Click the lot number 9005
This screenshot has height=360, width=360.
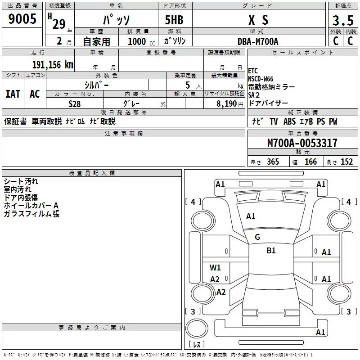tap(22, 20)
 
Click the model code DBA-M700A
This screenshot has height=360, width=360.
tap(258, 41)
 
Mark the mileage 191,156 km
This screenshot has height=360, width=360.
tap(53, 64)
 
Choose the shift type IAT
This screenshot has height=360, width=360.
tap(13, 94)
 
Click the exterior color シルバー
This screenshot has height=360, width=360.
tap(96, 85)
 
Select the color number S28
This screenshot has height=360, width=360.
tap(74, 104)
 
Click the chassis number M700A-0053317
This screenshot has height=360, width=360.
tap(302, 143)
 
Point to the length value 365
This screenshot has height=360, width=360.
tap(272, 162)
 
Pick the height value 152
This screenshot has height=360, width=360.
tap(346, 162)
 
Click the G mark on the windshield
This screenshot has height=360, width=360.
tap(257, 237)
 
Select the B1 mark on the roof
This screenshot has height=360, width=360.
tap(271, 251)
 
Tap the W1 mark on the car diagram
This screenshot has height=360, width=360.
tap(215, 268)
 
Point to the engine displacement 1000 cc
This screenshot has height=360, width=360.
tap(137, 41)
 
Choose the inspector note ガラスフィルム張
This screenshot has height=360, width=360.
tap(31, 214)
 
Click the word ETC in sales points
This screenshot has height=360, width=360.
tap(253, 71)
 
